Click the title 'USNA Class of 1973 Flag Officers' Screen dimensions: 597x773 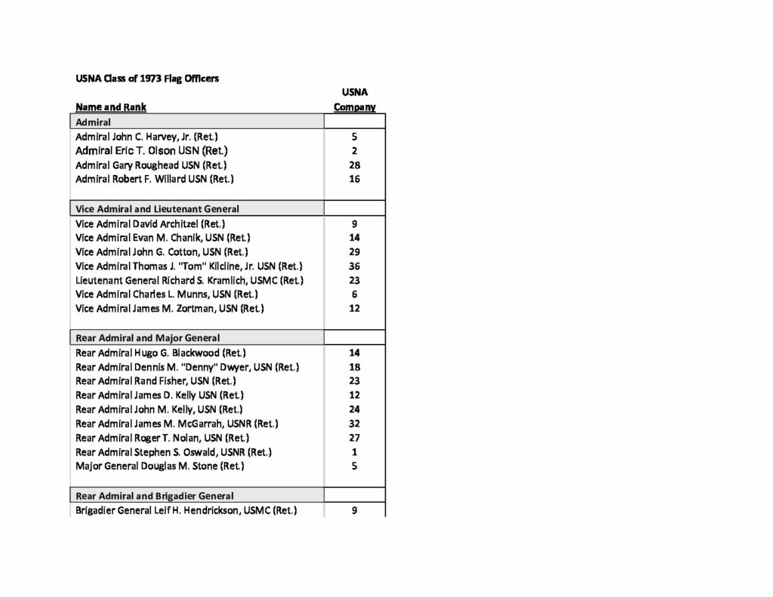coord(147,78)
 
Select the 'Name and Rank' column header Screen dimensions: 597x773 coord(111,107)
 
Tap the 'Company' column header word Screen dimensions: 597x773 coord(355,107)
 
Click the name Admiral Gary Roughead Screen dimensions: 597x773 coord(151,165)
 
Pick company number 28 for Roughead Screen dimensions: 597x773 coord(355,165)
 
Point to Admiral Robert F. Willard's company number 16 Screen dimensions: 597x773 coord(355,179)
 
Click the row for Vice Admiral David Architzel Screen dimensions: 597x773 coord(150,223)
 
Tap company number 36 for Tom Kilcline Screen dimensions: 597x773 coord(355,266)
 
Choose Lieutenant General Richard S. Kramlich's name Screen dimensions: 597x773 coord(189,280)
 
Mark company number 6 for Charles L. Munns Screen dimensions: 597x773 coord(355,294)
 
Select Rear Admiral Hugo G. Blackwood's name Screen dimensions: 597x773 coord(160,352)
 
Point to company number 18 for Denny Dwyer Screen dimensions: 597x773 coord(355,367)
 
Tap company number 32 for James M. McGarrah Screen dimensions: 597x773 coord(355,423)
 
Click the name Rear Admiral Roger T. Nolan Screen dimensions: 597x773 coord(162,438)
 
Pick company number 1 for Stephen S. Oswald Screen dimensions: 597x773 coord(355,452)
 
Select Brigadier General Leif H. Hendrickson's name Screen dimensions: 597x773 coord(186,510)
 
